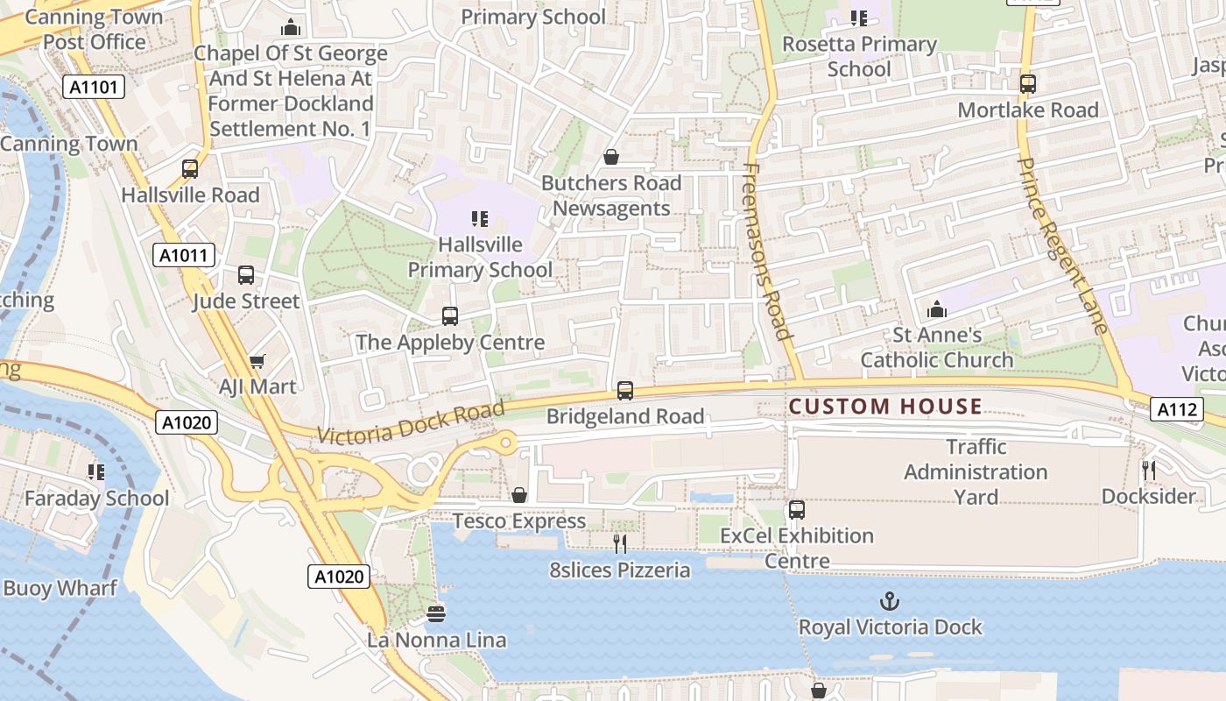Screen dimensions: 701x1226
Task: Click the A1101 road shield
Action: pos(94,87)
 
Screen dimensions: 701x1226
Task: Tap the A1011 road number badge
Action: pos(184,256)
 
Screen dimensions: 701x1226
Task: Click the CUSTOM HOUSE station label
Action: pos(885,407)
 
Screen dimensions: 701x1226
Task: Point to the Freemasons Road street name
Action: pos(767,251)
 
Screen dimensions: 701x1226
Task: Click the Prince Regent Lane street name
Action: pos(1064,246)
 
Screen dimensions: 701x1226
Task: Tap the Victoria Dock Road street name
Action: pos(411,422)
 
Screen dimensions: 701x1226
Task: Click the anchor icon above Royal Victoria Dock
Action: pos(890,601)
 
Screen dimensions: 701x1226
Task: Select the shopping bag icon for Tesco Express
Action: pos(519,496)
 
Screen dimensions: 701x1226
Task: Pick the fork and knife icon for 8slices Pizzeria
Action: pos(620,544)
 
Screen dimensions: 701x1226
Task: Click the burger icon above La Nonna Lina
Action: pos(436,614)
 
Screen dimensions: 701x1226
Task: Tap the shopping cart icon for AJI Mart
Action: pos(257,361)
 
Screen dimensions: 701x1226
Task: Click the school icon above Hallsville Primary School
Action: pos(479,218)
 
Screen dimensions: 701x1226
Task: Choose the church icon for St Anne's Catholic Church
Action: pos(937,309)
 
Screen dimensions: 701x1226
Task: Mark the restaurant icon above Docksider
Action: pos(1149,471)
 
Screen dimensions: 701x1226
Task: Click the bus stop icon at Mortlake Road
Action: pos(1028,84)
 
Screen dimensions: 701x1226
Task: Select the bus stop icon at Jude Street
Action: pos(246,275)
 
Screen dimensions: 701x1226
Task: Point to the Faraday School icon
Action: pos(96,472)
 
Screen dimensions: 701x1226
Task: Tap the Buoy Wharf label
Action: pos(60,588)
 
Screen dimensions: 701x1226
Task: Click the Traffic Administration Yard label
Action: pos(976,471)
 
